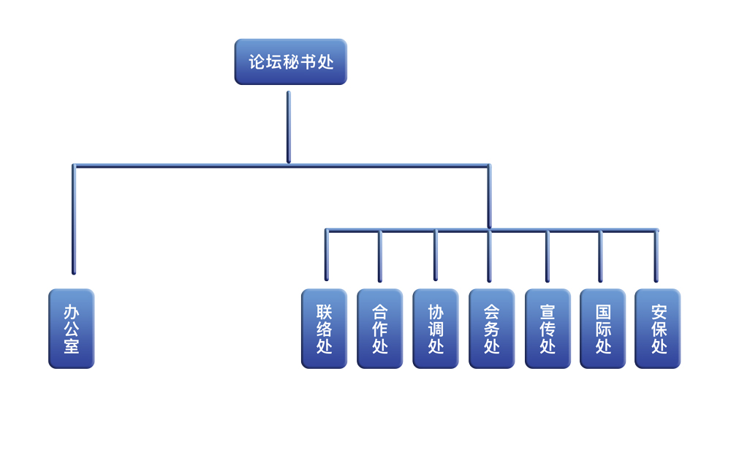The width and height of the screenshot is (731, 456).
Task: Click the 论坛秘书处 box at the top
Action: coord(290,62)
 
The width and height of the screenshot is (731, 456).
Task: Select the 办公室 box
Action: coord(72,329)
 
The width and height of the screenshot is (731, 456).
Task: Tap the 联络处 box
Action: coord(324,329)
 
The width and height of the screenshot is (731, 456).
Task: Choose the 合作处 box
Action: coord(379,329)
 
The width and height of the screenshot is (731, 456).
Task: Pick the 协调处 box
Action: coord(436,329)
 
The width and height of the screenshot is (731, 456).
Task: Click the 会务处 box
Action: coord(491,329)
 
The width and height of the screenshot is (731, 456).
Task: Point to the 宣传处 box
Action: coord(548,329)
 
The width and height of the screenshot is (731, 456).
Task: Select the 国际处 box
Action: coord(602,329)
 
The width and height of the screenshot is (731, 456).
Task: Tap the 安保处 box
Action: coord(658,329)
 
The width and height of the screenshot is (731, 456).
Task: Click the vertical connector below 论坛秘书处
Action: coord(289,126)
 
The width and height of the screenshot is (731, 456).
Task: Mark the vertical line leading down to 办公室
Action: coord(74,220)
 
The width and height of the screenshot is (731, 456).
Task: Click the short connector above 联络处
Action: coord(327,255)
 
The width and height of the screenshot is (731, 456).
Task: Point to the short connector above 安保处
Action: coord(656,255)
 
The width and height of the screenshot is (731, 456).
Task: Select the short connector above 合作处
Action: coord(380,255)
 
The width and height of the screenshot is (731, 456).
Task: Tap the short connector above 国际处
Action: coord(600,255)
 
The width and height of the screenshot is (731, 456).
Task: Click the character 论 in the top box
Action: coord(257,62)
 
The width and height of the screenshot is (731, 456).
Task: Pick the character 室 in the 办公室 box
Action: coord(72,345)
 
